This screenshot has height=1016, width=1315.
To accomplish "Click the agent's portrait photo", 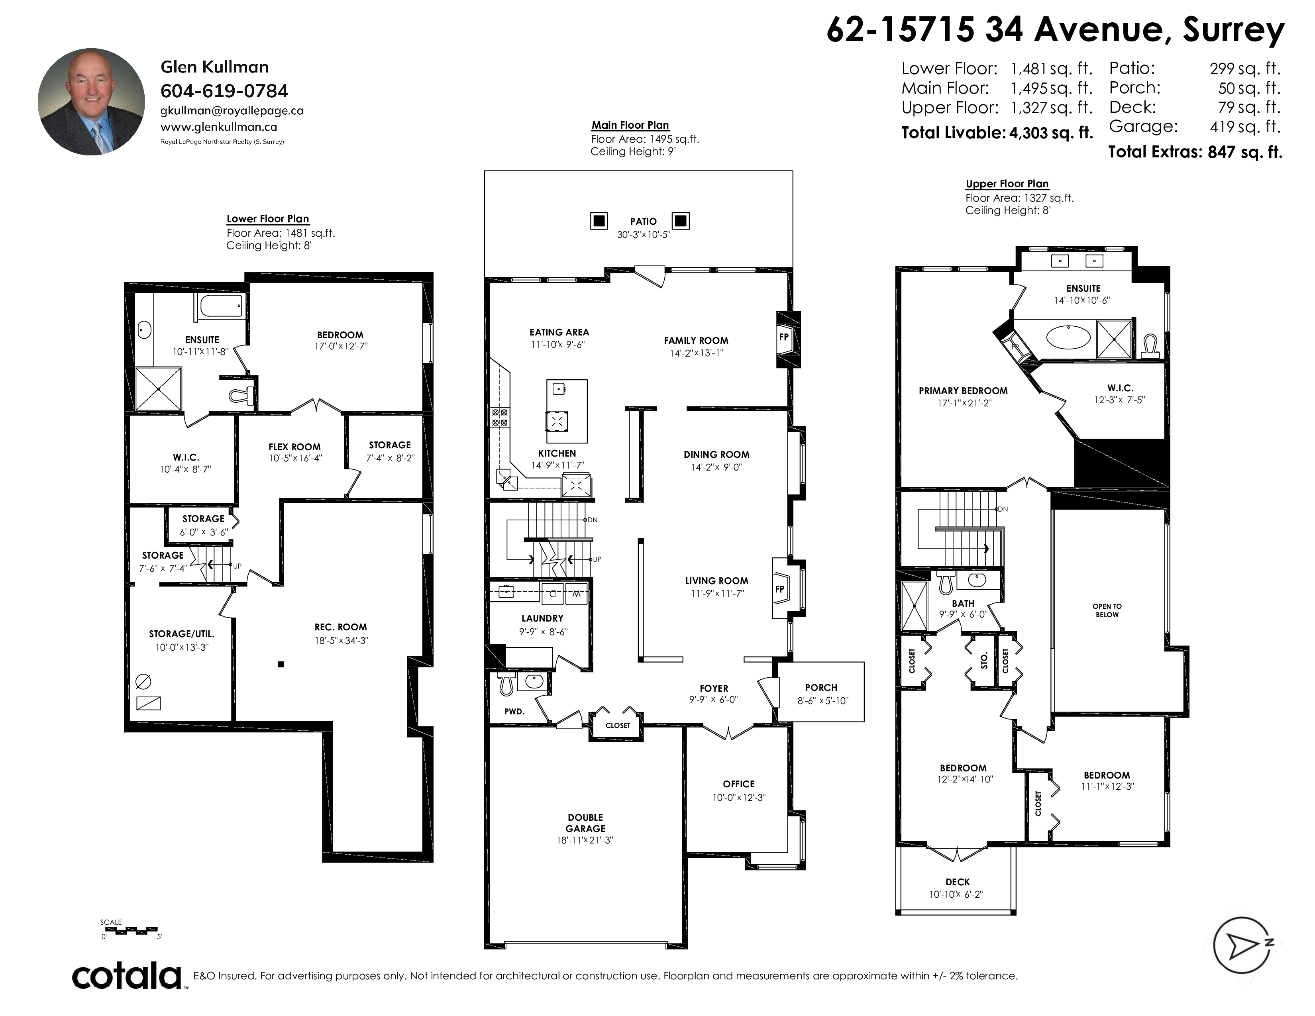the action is point(91,102).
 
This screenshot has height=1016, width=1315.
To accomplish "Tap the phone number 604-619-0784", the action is point(224,91).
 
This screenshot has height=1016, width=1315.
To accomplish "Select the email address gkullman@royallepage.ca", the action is point(232,111).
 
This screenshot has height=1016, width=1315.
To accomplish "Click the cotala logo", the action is point(127,976).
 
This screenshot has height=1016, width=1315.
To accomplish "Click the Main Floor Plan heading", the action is point(630,125).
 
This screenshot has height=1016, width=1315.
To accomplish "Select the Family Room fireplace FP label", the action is point(784,337).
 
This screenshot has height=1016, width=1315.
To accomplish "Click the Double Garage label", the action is point(585,823).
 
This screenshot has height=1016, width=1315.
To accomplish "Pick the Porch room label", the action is point(820,687).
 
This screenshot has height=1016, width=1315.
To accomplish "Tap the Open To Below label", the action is point(1107,610).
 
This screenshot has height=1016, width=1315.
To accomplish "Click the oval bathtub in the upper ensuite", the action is point(1068,337).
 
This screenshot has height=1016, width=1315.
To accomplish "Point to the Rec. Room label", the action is point(340,627).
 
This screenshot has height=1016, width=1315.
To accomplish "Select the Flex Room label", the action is point(294,447).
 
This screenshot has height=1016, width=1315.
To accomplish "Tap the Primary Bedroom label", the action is point(963,390).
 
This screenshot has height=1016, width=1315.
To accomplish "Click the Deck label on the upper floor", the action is point(957,882).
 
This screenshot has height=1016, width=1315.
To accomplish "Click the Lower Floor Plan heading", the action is point(267,219).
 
